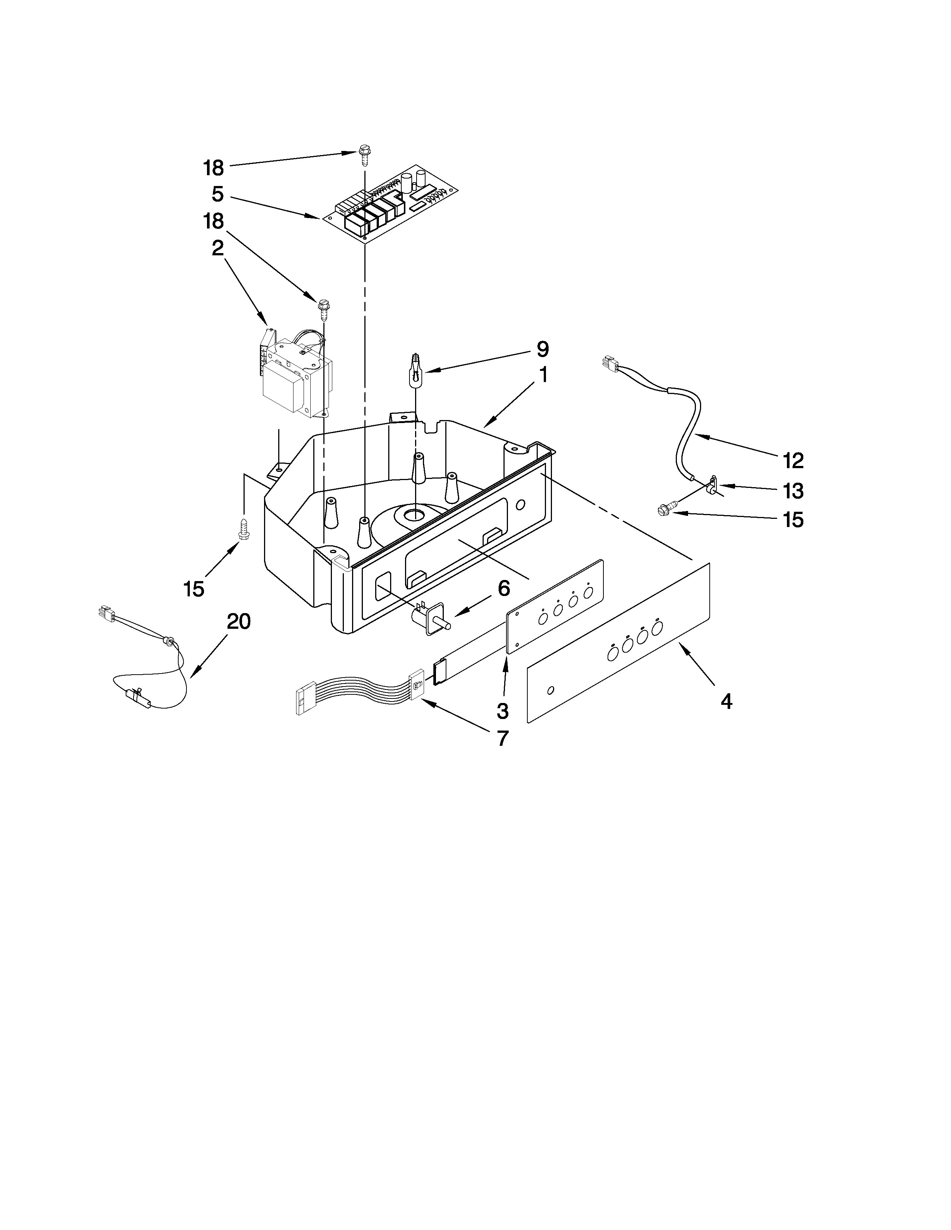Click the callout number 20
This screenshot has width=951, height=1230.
coord(238,622)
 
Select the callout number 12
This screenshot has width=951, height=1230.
coord(793,461)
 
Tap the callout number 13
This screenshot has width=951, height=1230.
coord(793,491)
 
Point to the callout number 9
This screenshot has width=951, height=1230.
coord(542,349)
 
